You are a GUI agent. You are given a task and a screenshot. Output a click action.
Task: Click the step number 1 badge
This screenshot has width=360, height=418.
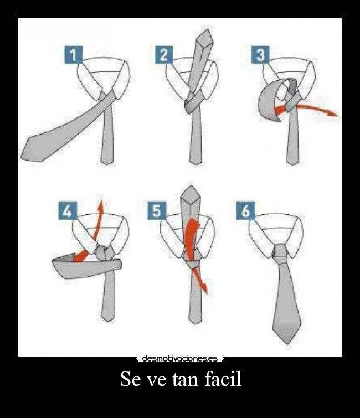(74, 55)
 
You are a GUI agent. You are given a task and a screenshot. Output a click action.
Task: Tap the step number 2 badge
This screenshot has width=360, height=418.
(164, 55)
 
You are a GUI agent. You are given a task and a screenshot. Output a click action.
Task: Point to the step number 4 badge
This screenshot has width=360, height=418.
(66, 211)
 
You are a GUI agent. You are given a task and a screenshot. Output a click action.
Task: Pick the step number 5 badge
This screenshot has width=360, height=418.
(157, 211)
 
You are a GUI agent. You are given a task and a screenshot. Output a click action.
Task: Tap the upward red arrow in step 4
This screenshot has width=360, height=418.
(99, 221)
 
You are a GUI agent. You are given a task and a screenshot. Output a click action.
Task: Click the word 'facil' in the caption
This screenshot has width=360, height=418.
(220, 380)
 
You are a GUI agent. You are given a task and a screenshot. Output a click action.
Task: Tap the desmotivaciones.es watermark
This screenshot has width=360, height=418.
(179, 358)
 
